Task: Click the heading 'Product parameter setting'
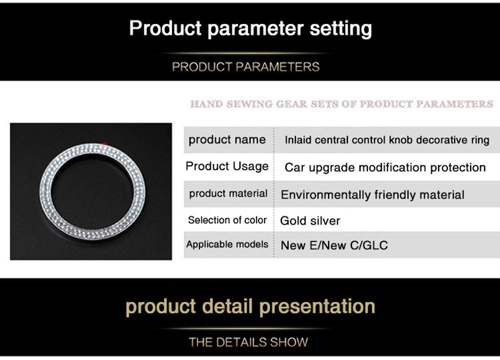[x=250, y=28]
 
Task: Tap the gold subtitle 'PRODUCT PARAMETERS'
[x=245, y=67]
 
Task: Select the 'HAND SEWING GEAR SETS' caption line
[x=341, y=104]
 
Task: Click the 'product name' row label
[x=227, y=139]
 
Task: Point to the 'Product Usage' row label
[x=227, y=166]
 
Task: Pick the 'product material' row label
[x=228, y=193]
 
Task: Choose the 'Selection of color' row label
[x=227, y=220]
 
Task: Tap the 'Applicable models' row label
[x=227, y=244]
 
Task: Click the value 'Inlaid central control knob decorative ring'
[x=387, y=140]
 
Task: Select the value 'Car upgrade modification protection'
[x=385, y=167]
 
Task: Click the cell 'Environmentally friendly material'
[x=372, y=195]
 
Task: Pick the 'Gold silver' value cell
[x=310, y=220]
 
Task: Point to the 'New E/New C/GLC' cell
[x=334, y=245]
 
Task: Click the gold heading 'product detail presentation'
[x=250, y=306]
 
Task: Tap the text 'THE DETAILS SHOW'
[x=248, y=342]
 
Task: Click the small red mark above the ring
[x=105, y=143]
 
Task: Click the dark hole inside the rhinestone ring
[x=92, y=192]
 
